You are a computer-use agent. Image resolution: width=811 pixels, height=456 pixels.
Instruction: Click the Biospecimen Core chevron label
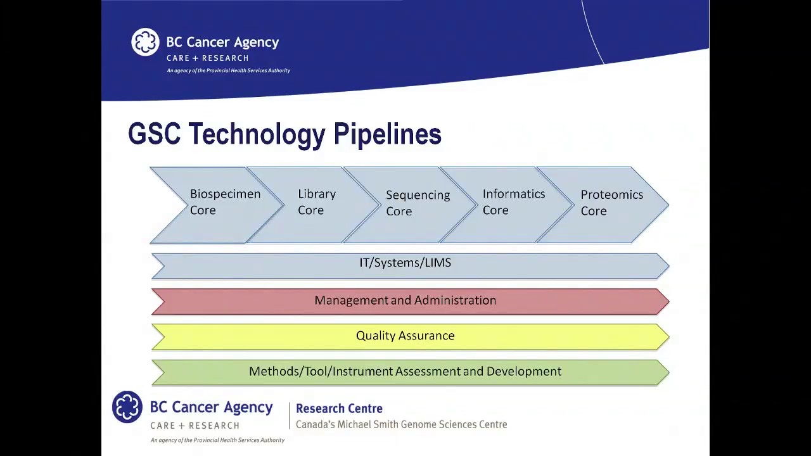pyautogui.click(x=225, y=202)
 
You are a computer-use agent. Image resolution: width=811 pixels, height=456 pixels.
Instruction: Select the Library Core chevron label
pyautogui.click(x=317, y=202)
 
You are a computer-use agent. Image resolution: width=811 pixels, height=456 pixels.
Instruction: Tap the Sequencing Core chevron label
pyautogui.click(x=418, y=203)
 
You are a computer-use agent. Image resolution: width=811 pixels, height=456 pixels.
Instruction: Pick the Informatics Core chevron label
pyautogui.click(x=513, y=202)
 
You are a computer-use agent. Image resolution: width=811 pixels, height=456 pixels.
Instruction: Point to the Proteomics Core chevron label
pyautogui.click(x=611, y=203)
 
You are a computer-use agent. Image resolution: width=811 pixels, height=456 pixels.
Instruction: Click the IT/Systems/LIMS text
pyautogui.click(x=405, y=263)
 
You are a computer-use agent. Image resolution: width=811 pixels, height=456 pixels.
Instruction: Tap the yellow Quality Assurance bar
pyautogui.click(x=405, y=336)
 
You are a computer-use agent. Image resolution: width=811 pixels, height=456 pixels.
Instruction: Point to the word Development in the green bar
pyautogui.click(x=523, y=372)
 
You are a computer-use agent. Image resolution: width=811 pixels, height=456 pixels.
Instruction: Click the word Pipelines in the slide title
pyautogui.click(x=387, y=135)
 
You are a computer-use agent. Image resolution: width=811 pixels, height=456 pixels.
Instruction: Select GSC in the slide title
pyautogui.click(x=154, y=134)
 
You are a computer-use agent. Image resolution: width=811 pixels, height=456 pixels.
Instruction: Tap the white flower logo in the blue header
pyautogui.click(x=145, y=42)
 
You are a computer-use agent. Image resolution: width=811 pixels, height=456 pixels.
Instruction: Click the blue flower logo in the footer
pyautogui.click(x=127, y=407)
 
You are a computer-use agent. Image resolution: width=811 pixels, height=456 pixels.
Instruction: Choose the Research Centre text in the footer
pyautogui.click(x=339, y=408)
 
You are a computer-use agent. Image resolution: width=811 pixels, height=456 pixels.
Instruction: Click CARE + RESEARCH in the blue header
pyautogui.click(x=207, y=58)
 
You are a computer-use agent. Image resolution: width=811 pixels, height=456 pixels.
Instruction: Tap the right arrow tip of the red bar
pyautogui.click(x=665, y=301)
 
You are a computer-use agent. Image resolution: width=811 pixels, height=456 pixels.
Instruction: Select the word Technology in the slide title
pyautogui.click(x=257, y=135)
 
